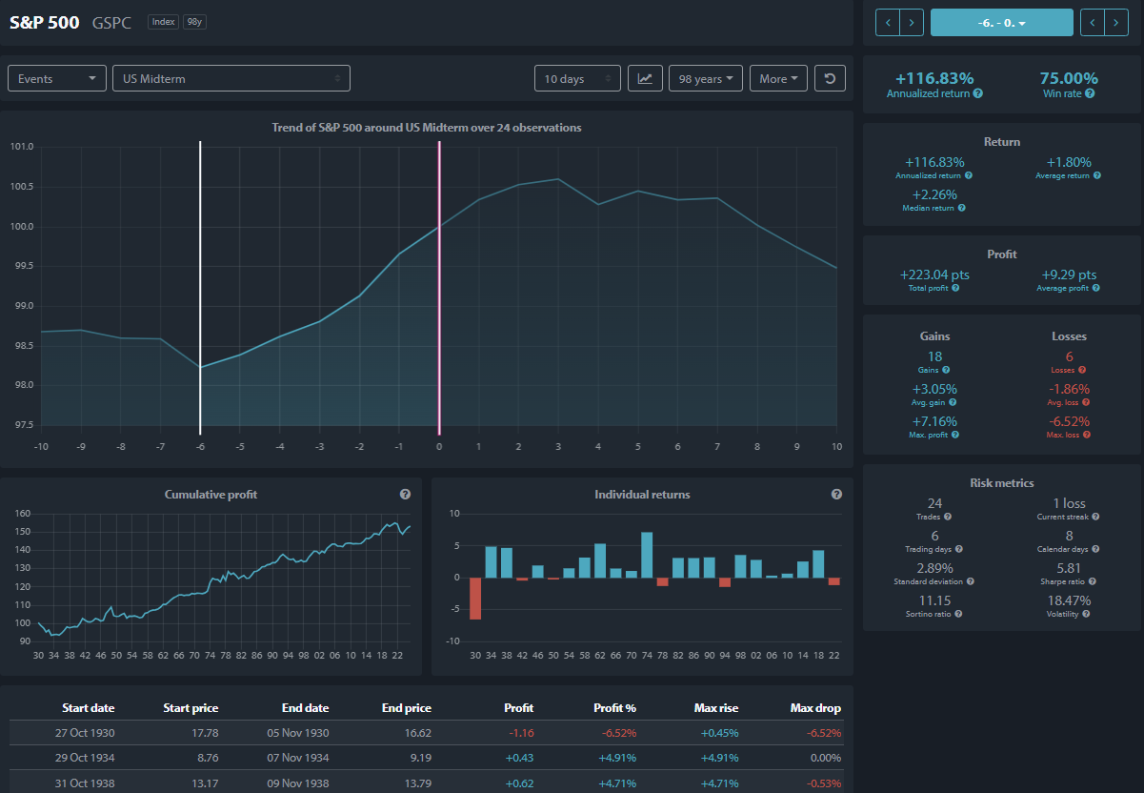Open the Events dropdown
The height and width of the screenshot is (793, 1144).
[57, 78]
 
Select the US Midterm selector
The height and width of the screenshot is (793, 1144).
[231, 78]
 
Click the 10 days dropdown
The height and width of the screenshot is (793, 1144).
[577, 78]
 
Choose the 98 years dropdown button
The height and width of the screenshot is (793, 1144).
[705, 78]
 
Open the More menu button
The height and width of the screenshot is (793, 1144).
[778, 78]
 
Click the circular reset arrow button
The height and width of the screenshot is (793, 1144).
[830, 78]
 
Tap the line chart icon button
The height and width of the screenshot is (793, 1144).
[645, 78]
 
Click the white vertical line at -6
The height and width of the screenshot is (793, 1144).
[200, 288]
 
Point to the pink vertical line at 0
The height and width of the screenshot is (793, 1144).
[439, 288]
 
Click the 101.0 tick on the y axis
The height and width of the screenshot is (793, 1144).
[22, 147]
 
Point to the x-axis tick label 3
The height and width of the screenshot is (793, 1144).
[558, 447]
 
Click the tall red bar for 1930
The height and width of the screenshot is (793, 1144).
[475, 599]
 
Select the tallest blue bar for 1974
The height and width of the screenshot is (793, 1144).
[647, 555]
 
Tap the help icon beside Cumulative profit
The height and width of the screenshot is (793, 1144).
[405, 494]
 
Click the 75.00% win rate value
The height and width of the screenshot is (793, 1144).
[1069, 78]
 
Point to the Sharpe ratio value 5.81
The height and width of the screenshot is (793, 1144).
[1069, 568]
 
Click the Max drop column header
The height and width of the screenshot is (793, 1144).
[815, 708]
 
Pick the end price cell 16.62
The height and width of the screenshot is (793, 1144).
[418, 733]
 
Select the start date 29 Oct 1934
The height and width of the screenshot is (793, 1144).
[85, 758]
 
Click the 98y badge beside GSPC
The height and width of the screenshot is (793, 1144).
[194, 22]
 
